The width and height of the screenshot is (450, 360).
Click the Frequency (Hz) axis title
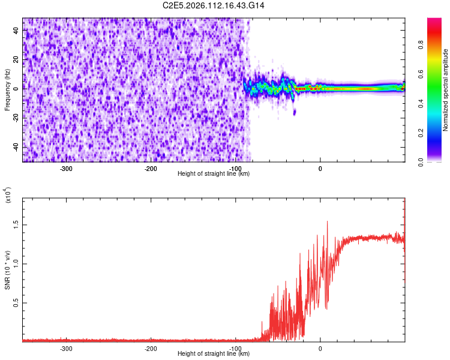[x=7, y=90]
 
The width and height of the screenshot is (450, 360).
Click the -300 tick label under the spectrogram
[x=66, y=168]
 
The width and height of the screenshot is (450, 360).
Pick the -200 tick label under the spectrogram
[x=151, y=168]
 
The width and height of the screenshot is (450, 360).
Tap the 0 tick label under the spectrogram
[x=320, y=168]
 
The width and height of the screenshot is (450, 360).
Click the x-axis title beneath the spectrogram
[x=214, y=174]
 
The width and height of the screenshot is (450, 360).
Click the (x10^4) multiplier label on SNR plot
[x=8, y=195]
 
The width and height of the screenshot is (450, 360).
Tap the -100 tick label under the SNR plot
[x=235, y=348]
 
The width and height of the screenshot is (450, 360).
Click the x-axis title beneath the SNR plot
[x=214, y=354]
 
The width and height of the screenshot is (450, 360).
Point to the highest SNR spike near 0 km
[x=327, y=221]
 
